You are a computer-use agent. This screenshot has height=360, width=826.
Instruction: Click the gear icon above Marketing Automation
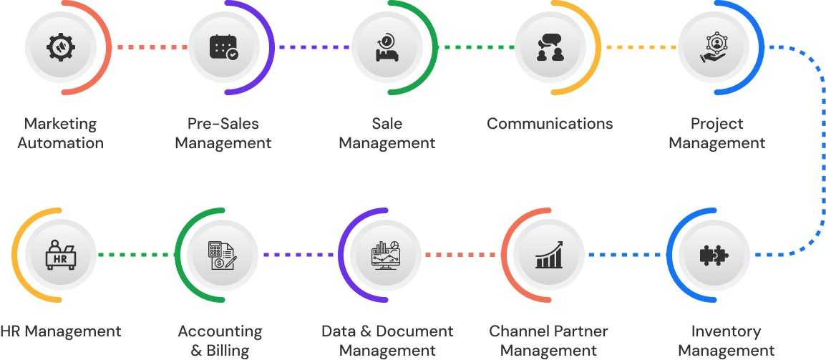click(x=61, y=47)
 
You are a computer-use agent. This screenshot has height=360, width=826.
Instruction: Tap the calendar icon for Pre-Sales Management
click(x=224, y=47)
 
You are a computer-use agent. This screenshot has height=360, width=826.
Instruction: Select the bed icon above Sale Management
click(x=387, y=47)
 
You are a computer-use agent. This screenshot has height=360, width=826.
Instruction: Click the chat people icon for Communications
click(x=550, y=47)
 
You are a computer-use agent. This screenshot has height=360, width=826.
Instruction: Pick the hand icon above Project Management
click(x=714, y=47)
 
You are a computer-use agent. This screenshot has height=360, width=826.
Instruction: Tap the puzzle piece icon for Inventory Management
click(x=714, y=255)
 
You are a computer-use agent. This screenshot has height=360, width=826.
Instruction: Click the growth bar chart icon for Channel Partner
click(x=550, y=255)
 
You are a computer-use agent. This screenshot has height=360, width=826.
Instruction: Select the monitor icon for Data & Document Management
click(x=387, y=255)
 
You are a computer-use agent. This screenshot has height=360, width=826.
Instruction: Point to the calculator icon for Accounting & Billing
click(x=220, y=255)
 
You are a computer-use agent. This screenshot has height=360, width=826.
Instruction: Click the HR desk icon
click(x=61, y=255)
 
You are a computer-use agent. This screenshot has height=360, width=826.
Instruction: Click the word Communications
click(x=550, y=124)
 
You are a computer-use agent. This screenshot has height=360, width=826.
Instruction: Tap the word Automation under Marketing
click(x=60, y=143)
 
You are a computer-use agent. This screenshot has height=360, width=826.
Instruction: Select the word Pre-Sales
click(x=223, y=124)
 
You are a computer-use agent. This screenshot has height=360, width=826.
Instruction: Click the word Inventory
click(x=725, y=332)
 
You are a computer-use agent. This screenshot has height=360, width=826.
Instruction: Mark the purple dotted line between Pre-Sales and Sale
click(x=313, y=47)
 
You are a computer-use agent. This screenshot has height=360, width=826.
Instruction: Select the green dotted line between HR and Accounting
click(x=136, y=255)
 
